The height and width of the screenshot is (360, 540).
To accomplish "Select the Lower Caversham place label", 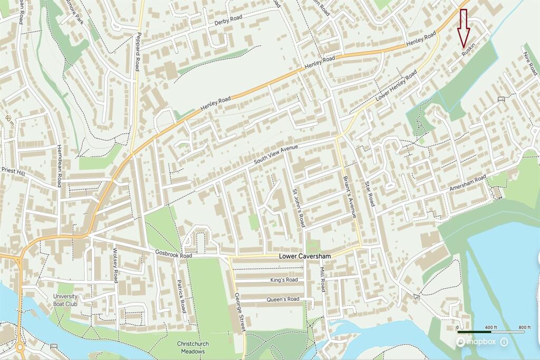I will (x=305, y=257).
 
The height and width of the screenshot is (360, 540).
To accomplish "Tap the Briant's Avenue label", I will (x=350, y=196).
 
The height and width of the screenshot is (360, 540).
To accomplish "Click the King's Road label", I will (x=284, y=280).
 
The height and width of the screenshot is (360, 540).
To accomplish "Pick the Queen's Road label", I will (x=284, y=299).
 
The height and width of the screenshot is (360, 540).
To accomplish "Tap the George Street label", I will (x=240, y=312).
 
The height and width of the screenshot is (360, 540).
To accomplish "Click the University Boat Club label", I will (x=65, y=300).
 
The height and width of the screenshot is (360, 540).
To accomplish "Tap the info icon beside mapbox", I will (x=504, y=342).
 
